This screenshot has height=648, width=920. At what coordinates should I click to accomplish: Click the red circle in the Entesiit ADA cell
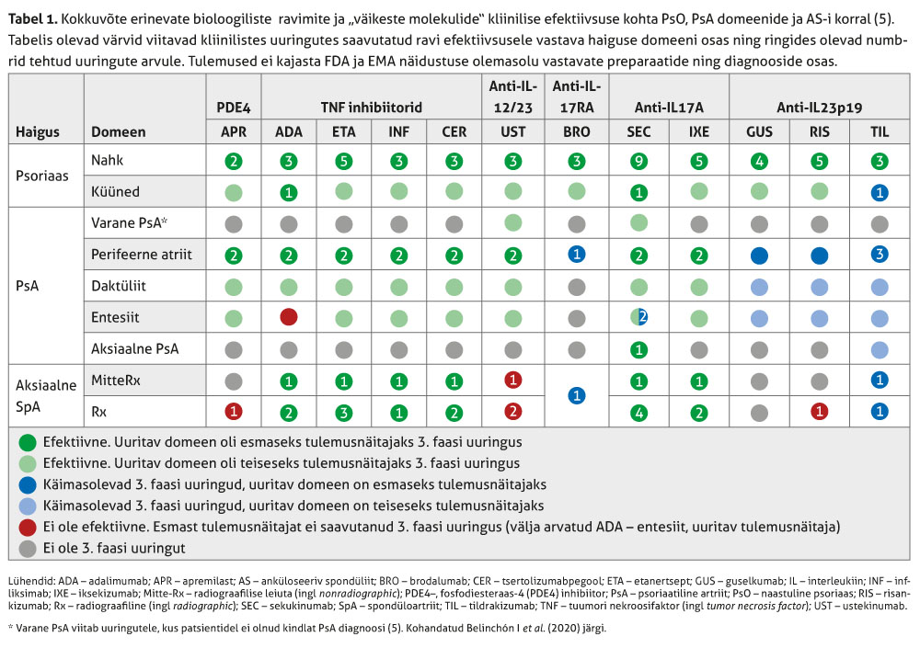pos(289,317)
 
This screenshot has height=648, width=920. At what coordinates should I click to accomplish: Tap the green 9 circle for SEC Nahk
pos(638,162)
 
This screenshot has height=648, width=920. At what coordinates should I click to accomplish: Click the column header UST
pos(513,131)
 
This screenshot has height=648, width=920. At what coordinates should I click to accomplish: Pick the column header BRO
pos(576,131)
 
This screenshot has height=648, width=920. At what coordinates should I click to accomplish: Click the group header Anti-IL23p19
pos(820,108)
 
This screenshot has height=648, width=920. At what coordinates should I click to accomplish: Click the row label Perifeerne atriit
pos(142,255)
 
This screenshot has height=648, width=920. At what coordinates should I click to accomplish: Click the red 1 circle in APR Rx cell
pos(234,411)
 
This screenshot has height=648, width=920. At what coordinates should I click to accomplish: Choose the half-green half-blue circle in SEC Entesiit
pos(638,317)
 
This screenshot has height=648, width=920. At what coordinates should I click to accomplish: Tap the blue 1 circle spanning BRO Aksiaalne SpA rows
pos(576,395)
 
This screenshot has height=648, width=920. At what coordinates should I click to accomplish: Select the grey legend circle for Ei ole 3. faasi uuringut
pos(29,548)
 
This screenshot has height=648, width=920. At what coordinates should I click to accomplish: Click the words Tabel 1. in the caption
pos(33,20)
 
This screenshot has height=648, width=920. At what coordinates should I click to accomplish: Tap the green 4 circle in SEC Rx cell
pos(638,411)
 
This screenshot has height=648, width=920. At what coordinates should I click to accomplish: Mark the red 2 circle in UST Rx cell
pos(513,411)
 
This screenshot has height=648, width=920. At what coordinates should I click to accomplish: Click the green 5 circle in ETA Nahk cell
pos(343,162)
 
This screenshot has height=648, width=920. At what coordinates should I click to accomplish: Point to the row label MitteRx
pos(116,380)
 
